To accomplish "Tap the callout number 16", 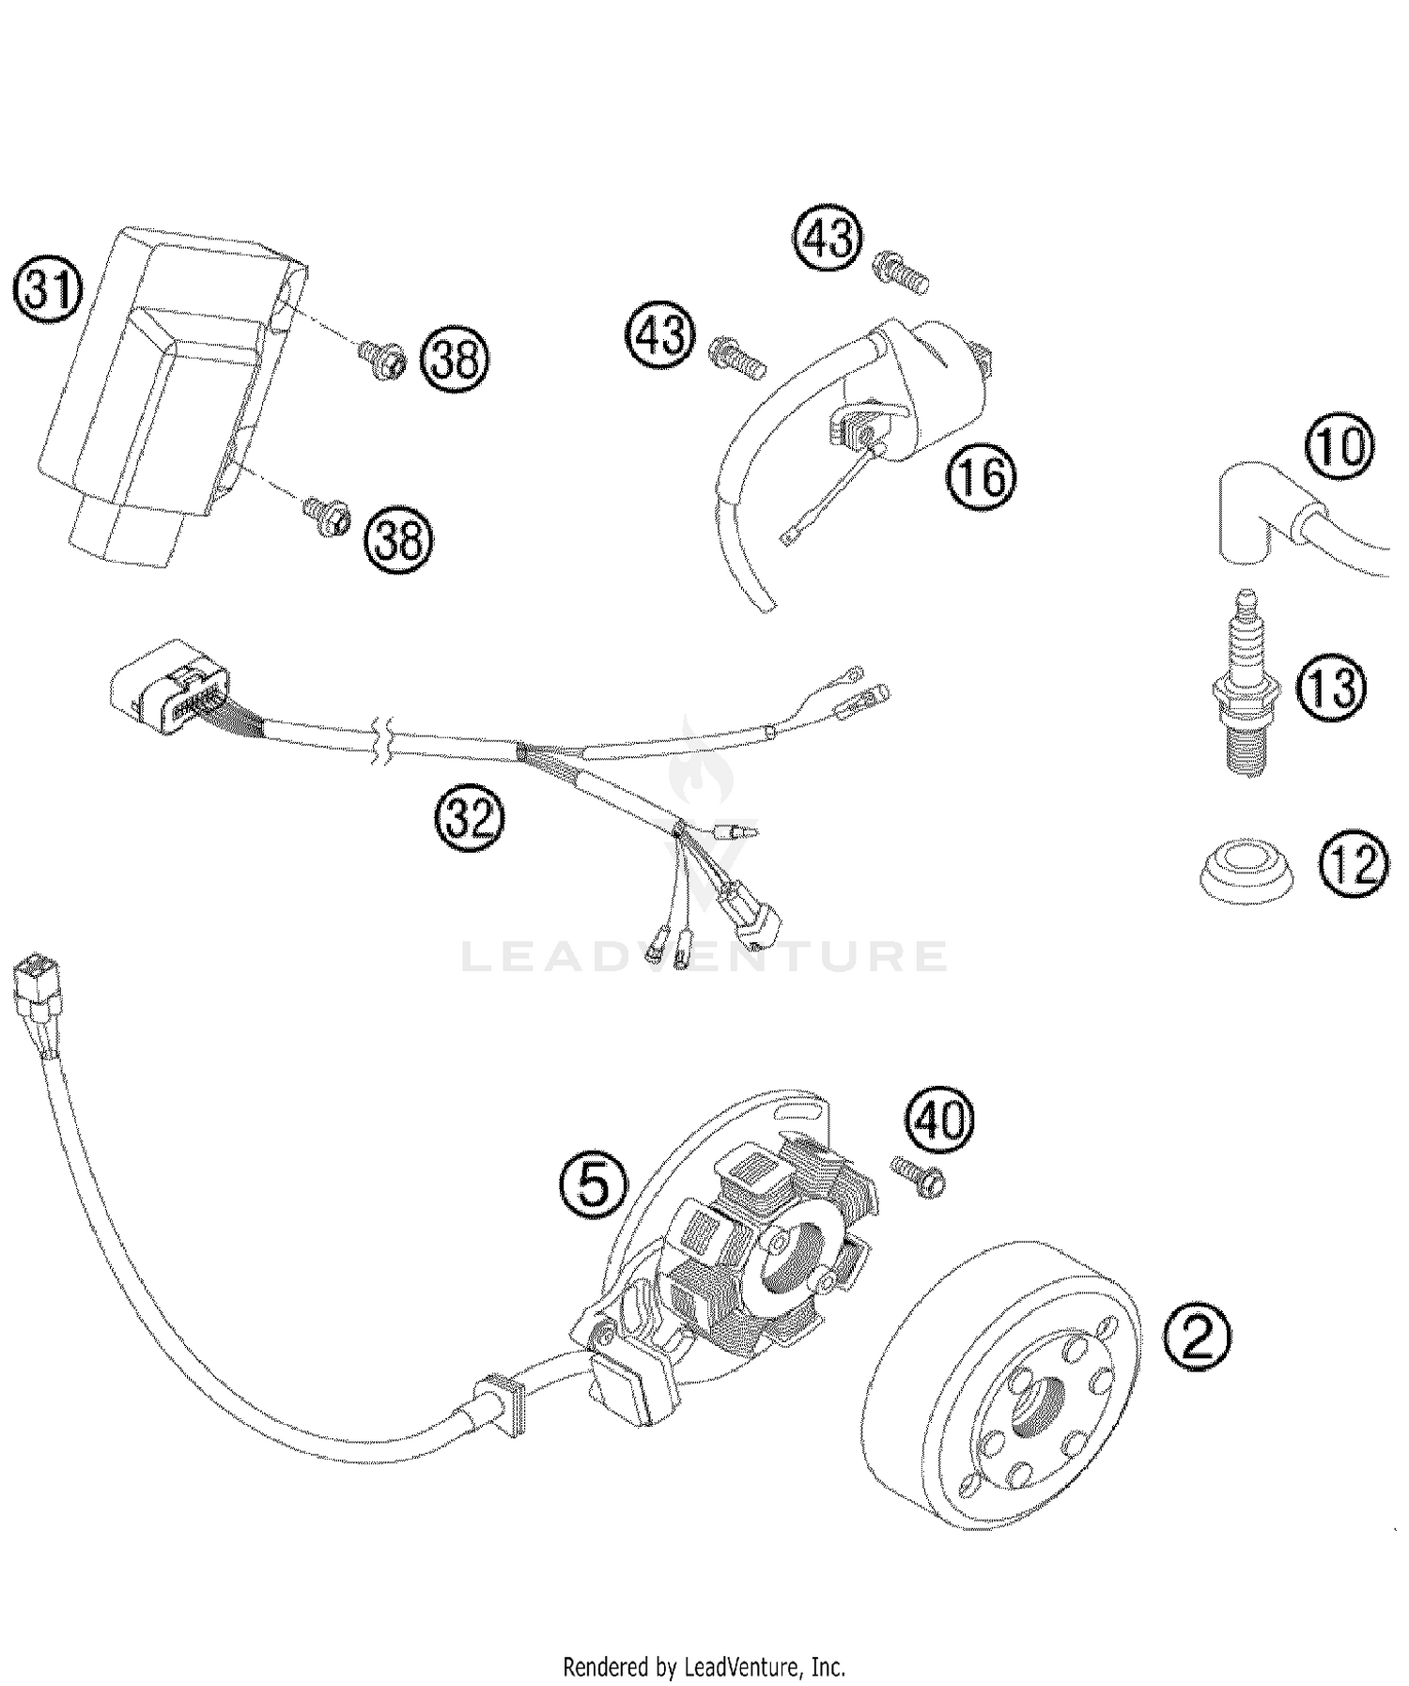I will [x=982, y=475].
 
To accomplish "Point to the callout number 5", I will [x=593, y=1183].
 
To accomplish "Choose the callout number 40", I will [x=940, y=1120].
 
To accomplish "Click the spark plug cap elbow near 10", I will [x=1244, y=512].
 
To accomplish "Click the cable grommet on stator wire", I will [x=505, y=1405].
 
